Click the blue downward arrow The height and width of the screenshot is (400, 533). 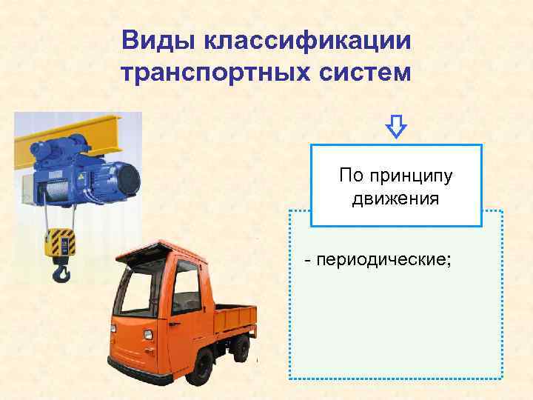click(397, 127)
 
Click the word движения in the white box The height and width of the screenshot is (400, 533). click(395, 199)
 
